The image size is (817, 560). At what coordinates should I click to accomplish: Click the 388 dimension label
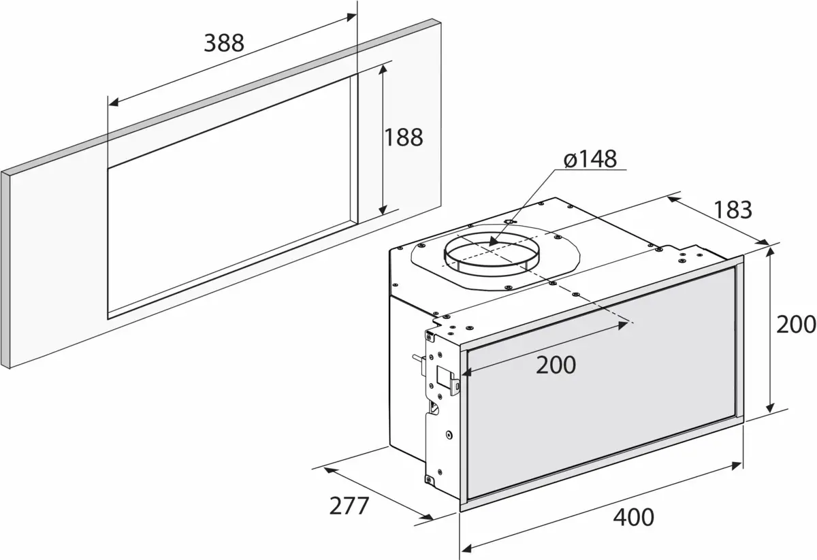pos(224,44)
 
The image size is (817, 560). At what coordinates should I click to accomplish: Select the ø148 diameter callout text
pos(590,159)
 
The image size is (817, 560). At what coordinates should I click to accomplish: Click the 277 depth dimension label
pos(349,506)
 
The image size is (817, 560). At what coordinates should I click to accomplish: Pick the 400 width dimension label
pos(633,517)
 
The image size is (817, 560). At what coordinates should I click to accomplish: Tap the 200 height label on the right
pos(796,324)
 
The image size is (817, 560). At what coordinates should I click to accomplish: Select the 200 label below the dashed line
pos(556,365)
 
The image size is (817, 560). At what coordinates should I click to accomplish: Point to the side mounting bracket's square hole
pos(443,377)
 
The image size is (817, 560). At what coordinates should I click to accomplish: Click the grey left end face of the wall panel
pos(6,269)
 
